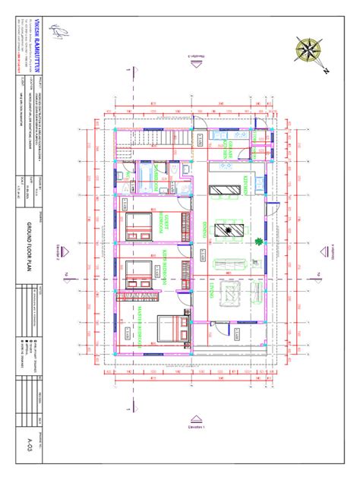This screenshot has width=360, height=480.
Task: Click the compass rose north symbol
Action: (x=310, y=51)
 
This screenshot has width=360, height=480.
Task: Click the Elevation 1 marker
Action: (x=196, y=422)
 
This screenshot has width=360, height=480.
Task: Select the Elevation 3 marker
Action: (x=196, y=62)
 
